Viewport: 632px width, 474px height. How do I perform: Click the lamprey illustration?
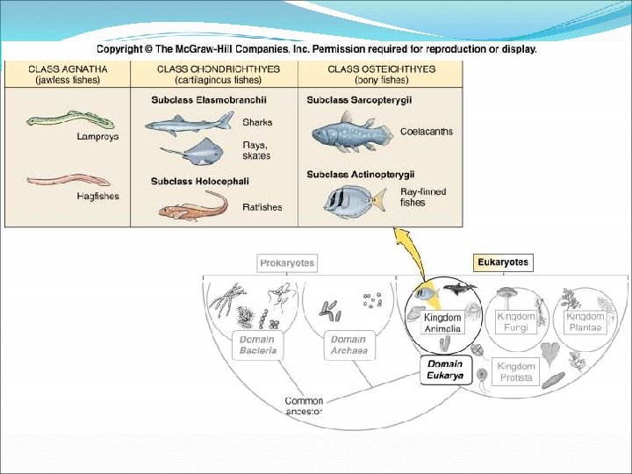tap(55, 123)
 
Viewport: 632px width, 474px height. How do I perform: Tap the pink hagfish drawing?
tap(60, 182)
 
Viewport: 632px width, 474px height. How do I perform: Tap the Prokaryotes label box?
tap(287, 262)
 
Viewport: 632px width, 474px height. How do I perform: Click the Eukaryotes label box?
tap(503, 262)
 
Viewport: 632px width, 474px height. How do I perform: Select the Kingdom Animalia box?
tap(442, 322)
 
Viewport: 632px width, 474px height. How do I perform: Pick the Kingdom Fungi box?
tap(516, 321)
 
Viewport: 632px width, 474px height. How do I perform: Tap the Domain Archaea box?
tap(348, 345)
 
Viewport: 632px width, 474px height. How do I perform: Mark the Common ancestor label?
tap(304, 406)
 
